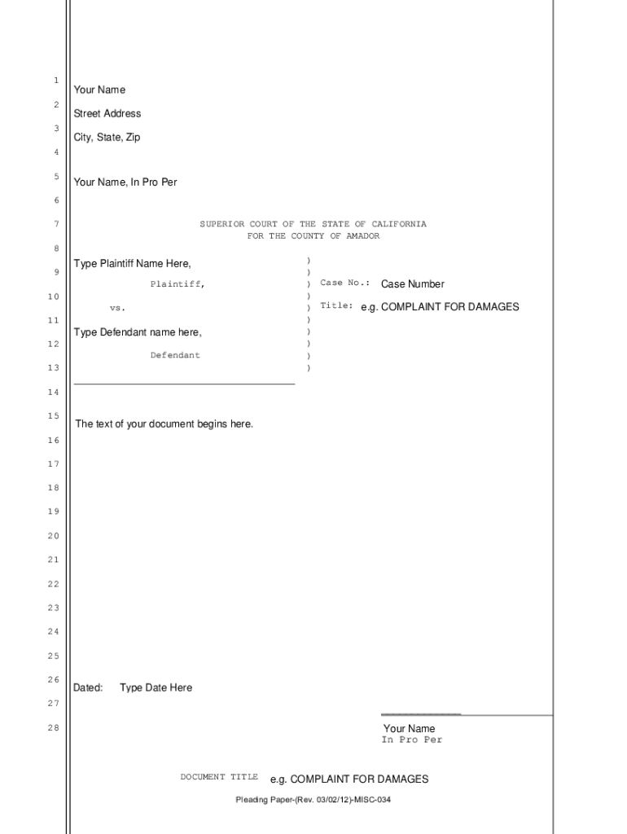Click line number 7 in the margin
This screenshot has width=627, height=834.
[x=56, y=224]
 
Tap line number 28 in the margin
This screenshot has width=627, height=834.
[x=53, y=727]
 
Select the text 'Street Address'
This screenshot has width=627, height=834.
[x=107, y=114]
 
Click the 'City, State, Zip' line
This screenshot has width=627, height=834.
[x=107, y=138]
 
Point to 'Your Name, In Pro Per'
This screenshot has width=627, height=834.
[x=125, y=182]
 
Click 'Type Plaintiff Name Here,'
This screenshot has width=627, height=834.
[x=133, y=264]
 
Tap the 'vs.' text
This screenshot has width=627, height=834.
[x=118, y=309]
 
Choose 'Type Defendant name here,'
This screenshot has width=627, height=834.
[x=138, y=332]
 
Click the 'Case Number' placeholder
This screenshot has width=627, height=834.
[x=413, y=284]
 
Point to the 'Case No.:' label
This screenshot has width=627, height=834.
[x=345, y=283]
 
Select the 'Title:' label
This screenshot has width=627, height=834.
[x=336, y=306]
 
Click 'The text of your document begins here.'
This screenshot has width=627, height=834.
[x=164, y=424]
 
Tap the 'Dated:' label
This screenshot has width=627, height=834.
[x=88, y=688]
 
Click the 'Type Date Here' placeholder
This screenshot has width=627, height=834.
[x=156, y=688]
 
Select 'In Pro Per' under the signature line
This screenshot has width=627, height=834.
[x=412, y=740]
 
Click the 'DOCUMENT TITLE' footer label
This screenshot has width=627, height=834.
[x=219, y=777]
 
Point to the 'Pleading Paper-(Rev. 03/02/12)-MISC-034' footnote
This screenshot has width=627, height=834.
[x=313, y=800]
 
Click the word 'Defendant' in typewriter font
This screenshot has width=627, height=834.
[x=175, y=356]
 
